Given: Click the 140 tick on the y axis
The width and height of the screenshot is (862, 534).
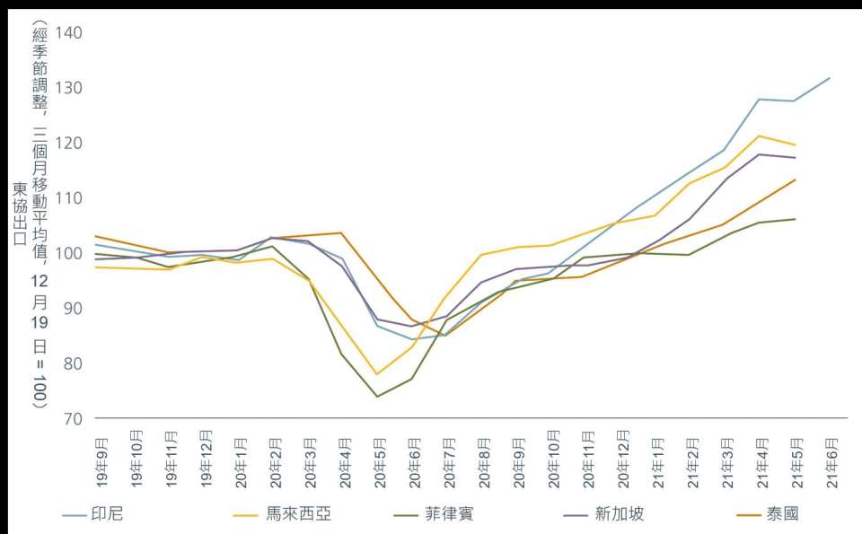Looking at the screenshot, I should tap(68, 33).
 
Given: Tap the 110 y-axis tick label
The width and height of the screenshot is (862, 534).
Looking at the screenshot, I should tap(68, 198).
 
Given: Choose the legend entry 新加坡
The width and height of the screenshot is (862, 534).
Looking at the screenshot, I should tap(619, 514).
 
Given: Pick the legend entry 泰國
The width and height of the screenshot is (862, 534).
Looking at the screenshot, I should tap(782, 514).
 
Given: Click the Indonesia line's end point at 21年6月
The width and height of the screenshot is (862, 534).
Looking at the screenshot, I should tap(830, 78).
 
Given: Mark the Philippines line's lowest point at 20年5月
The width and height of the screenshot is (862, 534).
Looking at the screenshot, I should tap(377, 397).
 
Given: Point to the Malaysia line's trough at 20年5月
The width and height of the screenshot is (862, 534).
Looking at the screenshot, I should tap(377, 374).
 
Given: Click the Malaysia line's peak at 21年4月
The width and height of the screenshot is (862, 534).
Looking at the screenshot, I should tap(760, 136).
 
